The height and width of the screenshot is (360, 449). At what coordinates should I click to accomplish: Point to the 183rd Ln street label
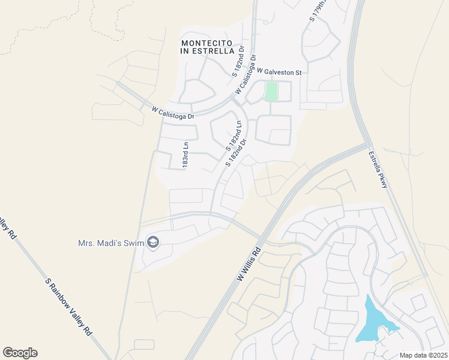click(x=186, y=154)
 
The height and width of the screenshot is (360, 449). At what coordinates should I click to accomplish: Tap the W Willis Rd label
click(x=250, y=267)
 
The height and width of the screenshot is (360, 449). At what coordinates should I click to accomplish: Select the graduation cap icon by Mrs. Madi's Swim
click(x=152, y=242)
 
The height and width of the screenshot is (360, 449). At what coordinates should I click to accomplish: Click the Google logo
click(x=20, y=353)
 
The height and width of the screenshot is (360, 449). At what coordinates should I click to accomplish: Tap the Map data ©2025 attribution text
click(x=423, y=355)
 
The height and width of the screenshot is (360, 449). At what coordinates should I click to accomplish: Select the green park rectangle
click(x=271, y=92)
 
